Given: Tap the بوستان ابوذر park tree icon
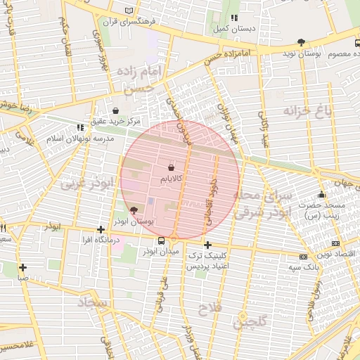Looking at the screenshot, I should pos(134,210).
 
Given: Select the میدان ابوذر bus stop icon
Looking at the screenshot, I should pos(162,240).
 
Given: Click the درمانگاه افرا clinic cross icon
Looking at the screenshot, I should pos(101,229).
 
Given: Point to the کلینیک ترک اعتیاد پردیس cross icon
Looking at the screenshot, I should pos(207,245).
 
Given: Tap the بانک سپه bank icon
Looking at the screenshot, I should pos(303,257).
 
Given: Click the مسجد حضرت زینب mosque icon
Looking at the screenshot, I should pos(322,195).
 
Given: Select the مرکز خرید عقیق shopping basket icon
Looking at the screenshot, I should pos(116,110).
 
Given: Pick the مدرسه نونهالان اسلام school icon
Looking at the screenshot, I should pos(79,127).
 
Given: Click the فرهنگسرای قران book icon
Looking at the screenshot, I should pos(127,10).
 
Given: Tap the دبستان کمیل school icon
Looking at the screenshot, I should pos(234,18).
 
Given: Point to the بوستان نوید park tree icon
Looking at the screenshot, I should pos(302,41).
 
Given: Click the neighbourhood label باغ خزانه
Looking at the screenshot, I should pos(307,110).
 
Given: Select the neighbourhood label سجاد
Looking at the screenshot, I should pos(91,302).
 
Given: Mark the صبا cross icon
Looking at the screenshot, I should pos(23,267).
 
